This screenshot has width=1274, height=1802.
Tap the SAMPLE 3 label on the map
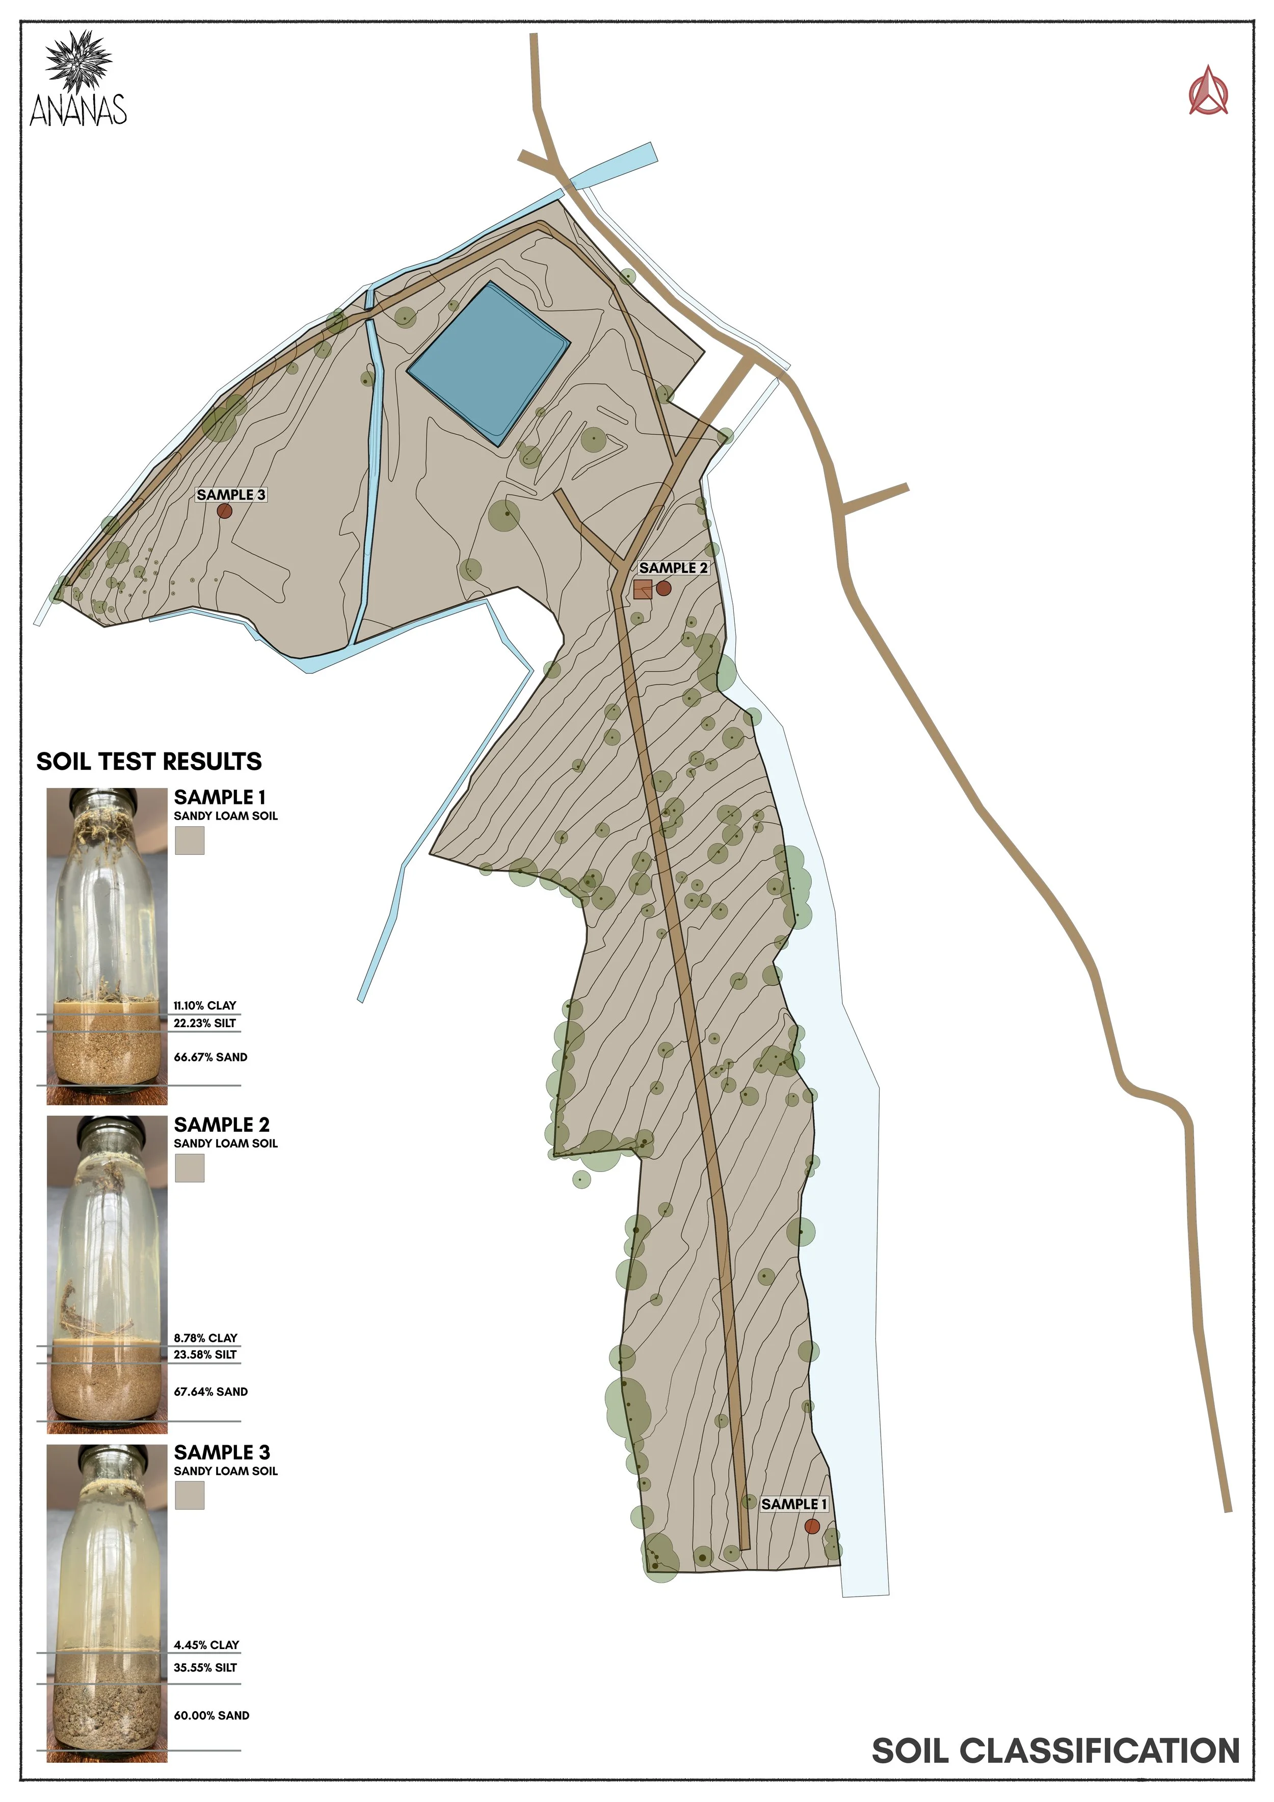[231, 494]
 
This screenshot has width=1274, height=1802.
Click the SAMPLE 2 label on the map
[673, 567]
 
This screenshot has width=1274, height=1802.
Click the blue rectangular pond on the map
[488, 362]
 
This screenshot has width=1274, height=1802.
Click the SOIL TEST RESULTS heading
[149, 761]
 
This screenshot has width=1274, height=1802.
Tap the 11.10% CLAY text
[205, 1005]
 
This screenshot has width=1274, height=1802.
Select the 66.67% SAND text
[210, 1057]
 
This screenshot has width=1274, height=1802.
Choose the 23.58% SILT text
[205, 1354]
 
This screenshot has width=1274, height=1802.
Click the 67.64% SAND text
[210, 1392]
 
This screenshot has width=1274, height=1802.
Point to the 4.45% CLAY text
[206, 1644]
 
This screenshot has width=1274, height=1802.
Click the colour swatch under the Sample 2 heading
[189, 1168]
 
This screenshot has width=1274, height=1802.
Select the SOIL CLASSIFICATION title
[1056, 1751]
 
